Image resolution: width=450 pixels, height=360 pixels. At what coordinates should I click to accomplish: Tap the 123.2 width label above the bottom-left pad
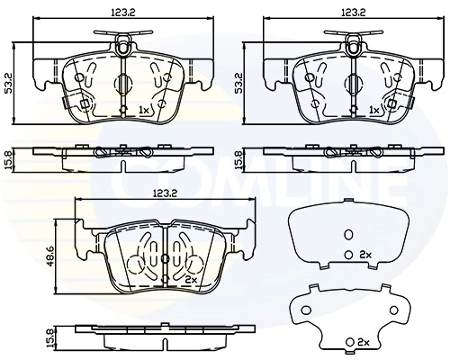coord(163,192)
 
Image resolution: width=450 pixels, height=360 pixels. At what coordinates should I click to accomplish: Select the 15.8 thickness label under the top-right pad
coord(238,159)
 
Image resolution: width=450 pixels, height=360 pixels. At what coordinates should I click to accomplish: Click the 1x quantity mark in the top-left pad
coord(145,110)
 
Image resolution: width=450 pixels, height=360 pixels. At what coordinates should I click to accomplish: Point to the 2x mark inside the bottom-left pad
coord(190,280)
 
